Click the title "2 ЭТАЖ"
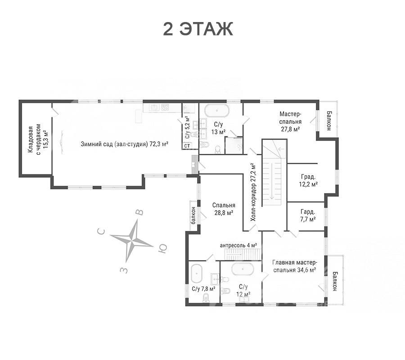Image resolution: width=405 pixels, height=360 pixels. [x=198, y=29]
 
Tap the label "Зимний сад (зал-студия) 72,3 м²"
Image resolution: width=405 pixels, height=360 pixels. [x=125, y=144]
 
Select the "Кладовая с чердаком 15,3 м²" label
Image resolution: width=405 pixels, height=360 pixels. [x=38, y=139]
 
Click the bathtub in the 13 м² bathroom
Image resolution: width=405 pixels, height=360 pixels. [x=217, y=111]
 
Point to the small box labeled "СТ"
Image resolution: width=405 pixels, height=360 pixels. [x=187, y=146]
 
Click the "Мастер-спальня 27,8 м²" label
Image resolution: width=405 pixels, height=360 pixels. [x=290, y=121]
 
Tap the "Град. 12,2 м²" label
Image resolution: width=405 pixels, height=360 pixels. [x=308, y=180]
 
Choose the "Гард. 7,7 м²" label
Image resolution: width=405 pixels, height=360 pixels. [x=308, y=216]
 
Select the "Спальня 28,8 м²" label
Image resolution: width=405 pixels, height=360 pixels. [x=224, y=209]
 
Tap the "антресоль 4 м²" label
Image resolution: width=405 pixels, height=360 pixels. [x=238, y=245]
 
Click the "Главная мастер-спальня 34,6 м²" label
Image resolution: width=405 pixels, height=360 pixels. [x=294, y=266]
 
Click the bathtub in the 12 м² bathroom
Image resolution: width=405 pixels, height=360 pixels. [x=243, y=269]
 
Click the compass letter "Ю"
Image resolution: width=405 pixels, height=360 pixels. [x=162, y=248]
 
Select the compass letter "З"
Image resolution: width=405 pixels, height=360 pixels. [x=124, y=270]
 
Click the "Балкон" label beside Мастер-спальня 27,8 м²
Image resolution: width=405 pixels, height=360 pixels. [x=329, y=121]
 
